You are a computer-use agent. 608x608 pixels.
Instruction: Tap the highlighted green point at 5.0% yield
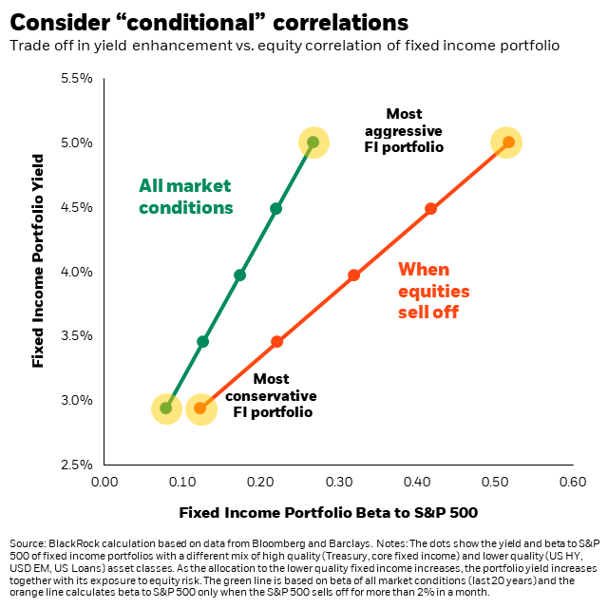tap(313, 142)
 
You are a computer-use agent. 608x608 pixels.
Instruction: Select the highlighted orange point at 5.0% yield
tap(508, 142)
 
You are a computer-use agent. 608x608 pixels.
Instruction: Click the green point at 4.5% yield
tap(275, 208)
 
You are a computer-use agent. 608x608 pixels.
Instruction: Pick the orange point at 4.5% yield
tap(430, 208)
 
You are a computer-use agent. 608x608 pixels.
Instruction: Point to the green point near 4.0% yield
tap(239, 275)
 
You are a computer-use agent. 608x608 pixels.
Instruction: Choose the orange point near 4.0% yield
tap(353, 275)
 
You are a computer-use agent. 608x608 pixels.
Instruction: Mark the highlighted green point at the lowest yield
tap(166, 408)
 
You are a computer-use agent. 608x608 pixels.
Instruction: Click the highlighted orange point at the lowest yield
tap(200, 408)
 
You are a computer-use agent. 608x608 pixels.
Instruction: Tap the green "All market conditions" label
tap(185, 196)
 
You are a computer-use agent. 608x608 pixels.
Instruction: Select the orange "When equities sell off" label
tap(433, 290)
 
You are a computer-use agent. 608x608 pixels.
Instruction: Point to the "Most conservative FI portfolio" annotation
tap(272, 395)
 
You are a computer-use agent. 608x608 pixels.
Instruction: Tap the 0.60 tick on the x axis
tap(572, 483)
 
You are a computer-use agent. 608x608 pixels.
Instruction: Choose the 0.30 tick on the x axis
tap(338, 483)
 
